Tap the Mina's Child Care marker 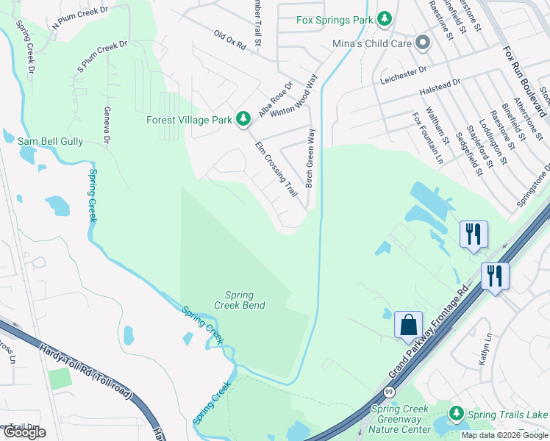[422, 43]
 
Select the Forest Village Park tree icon [243, 118]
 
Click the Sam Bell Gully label [51, 141]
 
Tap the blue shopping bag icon [408, 324]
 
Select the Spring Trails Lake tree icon [457, 415]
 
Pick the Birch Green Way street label [311, 158]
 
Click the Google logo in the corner [24, 432]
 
